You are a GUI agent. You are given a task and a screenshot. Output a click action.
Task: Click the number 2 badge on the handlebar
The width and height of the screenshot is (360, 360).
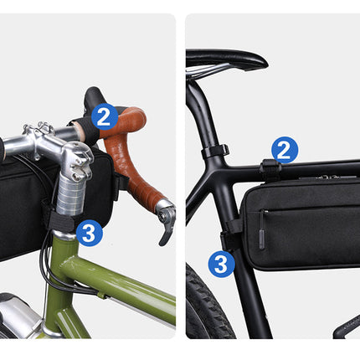coord(104,116)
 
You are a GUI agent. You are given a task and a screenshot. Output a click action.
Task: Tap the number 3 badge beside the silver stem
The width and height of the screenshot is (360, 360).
coord(89,232)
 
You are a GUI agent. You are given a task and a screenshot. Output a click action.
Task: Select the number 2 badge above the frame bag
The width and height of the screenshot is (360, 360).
coord(285,150)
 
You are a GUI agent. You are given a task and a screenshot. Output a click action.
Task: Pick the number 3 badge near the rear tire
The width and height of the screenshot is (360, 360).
coord(220,264)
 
